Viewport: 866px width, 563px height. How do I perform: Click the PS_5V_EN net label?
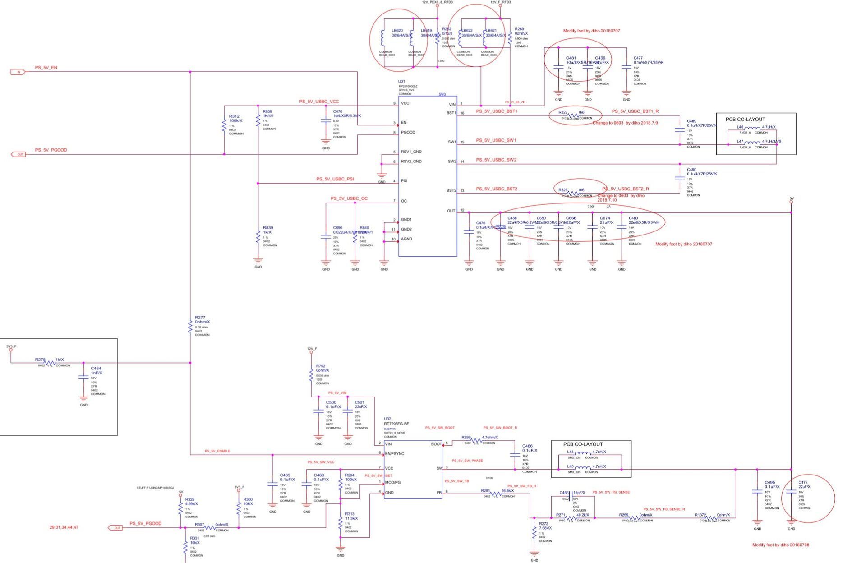tap(46, 68)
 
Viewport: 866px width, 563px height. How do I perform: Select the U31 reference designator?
tap(401, 82)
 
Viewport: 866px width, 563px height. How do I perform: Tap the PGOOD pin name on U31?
tap(408, 132)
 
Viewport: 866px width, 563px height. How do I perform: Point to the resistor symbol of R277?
tap(190, 327)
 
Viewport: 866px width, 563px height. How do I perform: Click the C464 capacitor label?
tap(96, 369)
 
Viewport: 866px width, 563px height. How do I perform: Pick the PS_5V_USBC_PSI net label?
tap(335, 179)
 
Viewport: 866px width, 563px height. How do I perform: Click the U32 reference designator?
tap(387, 419)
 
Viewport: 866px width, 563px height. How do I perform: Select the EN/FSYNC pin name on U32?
tap(395, 453)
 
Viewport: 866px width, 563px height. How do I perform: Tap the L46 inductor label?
tap(740, 127)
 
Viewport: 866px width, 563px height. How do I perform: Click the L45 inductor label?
tap(570, 466)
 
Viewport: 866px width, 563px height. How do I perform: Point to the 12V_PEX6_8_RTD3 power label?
tap(437, 2)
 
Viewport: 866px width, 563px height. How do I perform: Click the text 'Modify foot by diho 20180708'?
tap(780, 545)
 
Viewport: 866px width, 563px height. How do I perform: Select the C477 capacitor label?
tap(638, 58)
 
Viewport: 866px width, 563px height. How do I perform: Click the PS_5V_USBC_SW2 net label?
tap(496, 160)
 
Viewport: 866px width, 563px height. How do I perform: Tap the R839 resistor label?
tap(267, 228)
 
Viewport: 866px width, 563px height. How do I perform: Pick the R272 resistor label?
tap(544, 524)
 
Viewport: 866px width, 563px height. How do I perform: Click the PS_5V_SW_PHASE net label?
tap(467, 461)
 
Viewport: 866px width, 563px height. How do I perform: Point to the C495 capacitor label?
tap(769, 483)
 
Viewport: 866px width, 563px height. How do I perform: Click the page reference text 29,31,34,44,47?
tap(64, 527)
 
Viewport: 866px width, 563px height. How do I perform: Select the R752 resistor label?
tap(320, 366)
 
